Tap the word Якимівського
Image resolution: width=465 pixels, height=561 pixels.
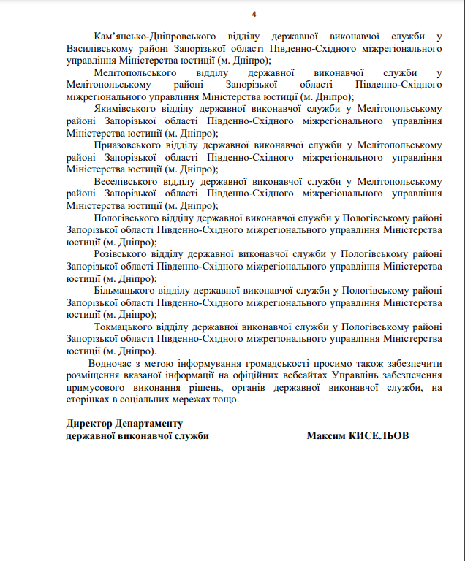(123, 108)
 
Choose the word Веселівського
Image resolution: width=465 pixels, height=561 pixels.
(126, 180)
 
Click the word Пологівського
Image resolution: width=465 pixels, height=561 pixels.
(125, 217)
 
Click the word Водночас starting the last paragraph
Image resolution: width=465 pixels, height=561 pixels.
(111, 363)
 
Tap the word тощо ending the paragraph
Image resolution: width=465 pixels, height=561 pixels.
(226, 400)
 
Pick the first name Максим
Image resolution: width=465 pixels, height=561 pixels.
(325, 436)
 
